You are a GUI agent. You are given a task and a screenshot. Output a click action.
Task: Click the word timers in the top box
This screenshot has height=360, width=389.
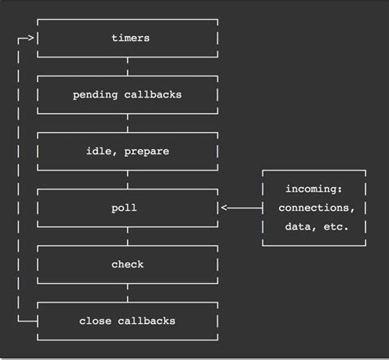tap(129, 39)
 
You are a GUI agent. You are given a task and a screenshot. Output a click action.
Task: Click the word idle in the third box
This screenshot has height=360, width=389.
tap(98, 151)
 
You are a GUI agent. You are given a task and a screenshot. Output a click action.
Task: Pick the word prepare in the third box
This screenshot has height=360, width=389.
tap(148, 151)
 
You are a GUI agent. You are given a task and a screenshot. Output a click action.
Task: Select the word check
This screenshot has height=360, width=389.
tap(128, 264)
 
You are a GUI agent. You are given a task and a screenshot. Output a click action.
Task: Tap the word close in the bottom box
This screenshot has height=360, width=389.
tap(95, 321)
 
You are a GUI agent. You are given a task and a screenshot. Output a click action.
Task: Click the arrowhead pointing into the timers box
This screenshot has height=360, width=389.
tap(31, 39)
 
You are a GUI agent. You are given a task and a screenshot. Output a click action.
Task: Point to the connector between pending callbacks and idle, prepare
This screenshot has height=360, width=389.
tap(128, 123)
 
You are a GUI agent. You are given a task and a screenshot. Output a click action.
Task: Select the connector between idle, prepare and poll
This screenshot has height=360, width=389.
tap(128, 180)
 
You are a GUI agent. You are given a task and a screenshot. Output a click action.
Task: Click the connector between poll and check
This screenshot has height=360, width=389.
tap(128, 236)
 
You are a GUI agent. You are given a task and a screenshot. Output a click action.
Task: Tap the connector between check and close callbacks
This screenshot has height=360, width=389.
tap(128, 293)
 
